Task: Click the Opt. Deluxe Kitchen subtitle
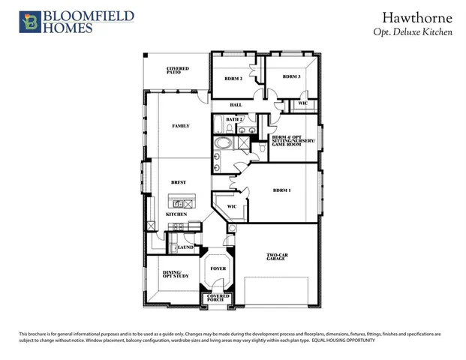(412, 32)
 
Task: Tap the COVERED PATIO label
(178, 70)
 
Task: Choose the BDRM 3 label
(292, 76)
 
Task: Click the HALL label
(236, 105)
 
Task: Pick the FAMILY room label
(180, 126)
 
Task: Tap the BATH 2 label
(234, 119)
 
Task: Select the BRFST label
(179, 182)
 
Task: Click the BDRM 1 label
(281, 190)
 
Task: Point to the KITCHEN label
(176, 215)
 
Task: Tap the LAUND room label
(185, 247)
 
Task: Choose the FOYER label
(218, 267)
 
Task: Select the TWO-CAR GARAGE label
(278, 257)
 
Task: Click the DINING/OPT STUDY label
(176, 275)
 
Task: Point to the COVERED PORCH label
(218, 298)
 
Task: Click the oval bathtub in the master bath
(224, 142)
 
